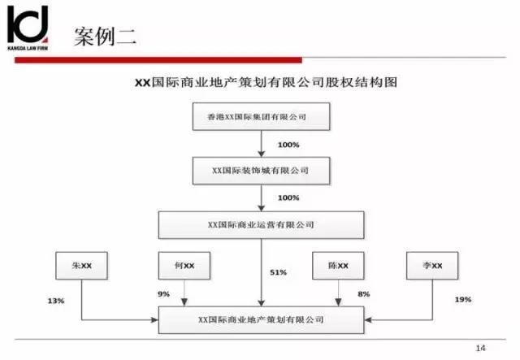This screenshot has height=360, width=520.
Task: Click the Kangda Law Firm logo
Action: [x=28, y=28]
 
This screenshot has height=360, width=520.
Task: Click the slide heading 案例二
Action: [x=105, y=37]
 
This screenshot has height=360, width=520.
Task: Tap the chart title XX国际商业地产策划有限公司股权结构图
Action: [x=266, y=82]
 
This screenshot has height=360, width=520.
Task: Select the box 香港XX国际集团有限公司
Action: [x=262, y=116]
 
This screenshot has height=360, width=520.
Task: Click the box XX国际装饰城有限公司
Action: [x=262, y=171]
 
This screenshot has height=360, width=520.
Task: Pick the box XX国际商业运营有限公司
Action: [x=262, y=225]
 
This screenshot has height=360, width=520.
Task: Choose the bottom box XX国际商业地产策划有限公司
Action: [x=262, y=320]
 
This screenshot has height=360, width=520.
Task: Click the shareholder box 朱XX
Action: [x=81, y=266]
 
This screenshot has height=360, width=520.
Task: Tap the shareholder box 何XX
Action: [x=184, y=266]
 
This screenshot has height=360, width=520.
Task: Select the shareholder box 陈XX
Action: [x=338, y=266]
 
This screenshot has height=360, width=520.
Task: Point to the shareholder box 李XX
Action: [x=432, y=266]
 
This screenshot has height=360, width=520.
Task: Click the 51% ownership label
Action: [x=278, y=272]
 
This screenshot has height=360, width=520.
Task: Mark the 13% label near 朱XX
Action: [x=56, y=301]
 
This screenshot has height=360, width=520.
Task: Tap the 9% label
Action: [x=163, y=294]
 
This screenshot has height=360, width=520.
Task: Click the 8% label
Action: [x=363, y=294]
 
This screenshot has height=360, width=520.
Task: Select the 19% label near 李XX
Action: [x=463, y=300]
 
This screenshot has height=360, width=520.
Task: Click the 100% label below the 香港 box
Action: [x=288, y=145]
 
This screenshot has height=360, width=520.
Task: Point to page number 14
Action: [x=480, y=348]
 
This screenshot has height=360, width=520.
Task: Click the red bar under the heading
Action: [x=158, y=60]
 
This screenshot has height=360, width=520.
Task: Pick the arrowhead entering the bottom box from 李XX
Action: [x=368, y=320]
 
